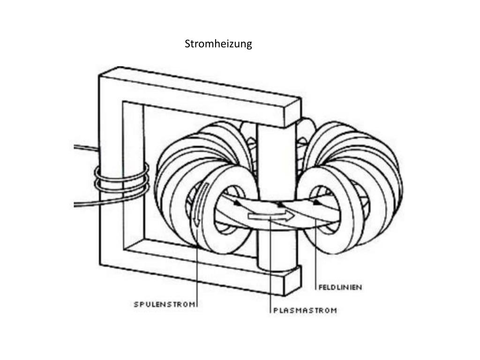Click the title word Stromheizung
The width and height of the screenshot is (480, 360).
click(x=218, y=44)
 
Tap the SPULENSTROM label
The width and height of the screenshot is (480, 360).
click(x=164, y=304)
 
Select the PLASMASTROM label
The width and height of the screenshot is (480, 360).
click(x=305, y=310)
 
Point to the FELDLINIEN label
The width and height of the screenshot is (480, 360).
click(x=340, y=287)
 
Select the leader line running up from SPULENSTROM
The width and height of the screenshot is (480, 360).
click(x=198, y=272)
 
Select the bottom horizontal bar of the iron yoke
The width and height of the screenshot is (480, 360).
click(x=197, y=272)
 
